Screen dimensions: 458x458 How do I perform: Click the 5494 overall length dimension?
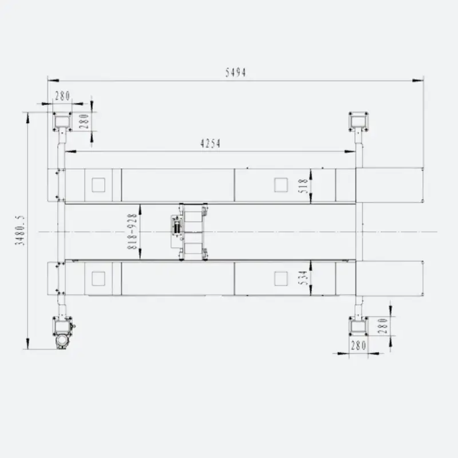(x=235, y=72)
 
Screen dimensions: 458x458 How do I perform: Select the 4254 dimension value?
(x=210, y=144)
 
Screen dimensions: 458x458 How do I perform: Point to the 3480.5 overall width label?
(x=20, y=231)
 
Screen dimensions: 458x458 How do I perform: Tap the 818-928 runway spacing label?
(x=132, y=231)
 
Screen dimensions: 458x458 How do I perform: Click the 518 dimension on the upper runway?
(x=304, y=185)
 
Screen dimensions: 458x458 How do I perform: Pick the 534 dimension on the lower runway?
(x=304, y=278)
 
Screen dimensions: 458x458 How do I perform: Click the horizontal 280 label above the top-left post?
(x=62, y=96)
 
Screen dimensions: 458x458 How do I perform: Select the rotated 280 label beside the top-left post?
(x=84, y=121)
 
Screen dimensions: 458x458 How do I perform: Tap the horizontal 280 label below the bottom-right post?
(x=358, y=346)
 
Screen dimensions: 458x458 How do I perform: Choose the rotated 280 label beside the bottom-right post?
(x=382, y=326)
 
